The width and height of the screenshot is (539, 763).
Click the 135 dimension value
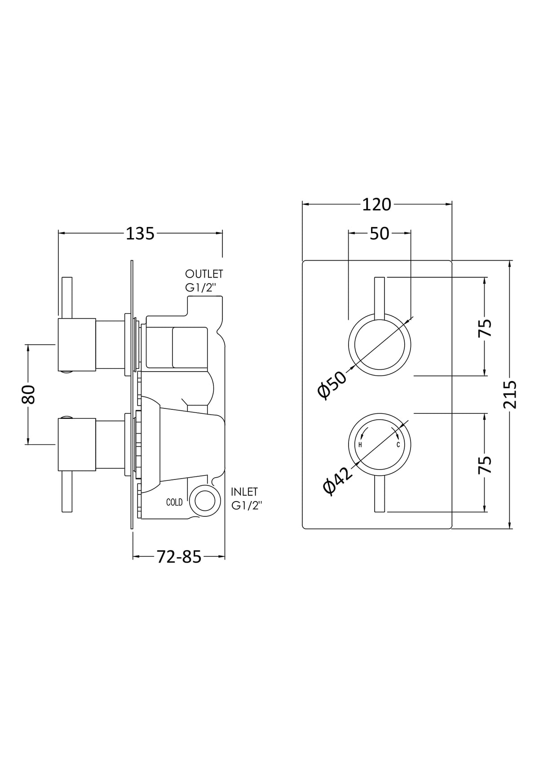[140, 234]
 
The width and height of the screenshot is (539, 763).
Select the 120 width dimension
[376, 205]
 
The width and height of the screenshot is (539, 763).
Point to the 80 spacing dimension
[28, 394]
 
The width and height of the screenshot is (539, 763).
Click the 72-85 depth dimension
[179, 557]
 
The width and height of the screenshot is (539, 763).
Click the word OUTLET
[204, 274]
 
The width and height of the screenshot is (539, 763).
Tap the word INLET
[244, 492]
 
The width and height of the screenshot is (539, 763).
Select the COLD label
[174, 502]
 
